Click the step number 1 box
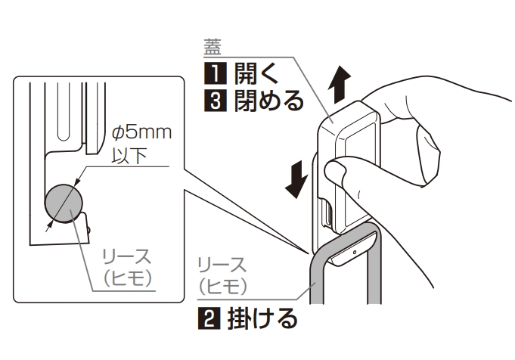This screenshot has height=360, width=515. tap(215, 73)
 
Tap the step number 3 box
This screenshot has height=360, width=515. tap(215, 101)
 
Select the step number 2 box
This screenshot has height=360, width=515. tap(209, 318)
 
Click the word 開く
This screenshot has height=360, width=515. tap(256, 73)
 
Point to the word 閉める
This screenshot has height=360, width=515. tap(268, 101)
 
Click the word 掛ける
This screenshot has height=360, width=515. tap(262, 318)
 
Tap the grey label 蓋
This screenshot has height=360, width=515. tap(213, 47)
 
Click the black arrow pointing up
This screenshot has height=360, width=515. tap(340, 84)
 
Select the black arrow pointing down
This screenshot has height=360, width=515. tap(297, 179)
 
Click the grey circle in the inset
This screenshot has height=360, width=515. tap(64, 203)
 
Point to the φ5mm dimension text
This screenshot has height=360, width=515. tap(141, 132)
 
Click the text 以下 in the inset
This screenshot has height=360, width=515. tap(129, 155)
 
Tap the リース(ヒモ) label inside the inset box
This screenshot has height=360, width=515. tap(128, 268)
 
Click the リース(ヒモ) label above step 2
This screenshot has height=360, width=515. tap(222, 276)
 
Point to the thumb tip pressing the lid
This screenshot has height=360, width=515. tap(334, 170)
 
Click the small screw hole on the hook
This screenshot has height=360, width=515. tap(355, 253)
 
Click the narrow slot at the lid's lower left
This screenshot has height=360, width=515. tap(327, 213)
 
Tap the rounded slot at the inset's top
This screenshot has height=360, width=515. tap(64, 112)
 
